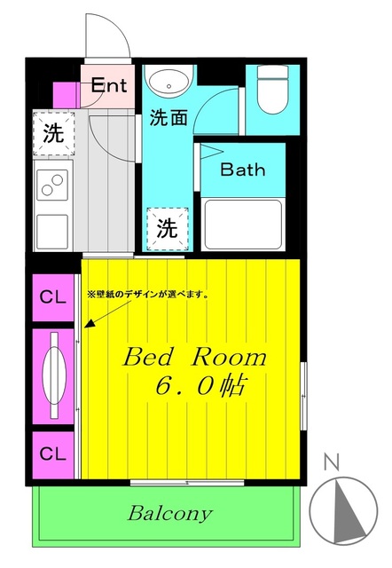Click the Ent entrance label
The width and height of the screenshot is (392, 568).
(110, 86)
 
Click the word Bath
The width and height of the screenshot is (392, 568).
(242, 170)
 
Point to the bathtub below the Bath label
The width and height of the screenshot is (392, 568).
(242, 225)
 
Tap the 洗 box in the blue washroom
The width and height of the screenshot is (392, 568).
(167, 227)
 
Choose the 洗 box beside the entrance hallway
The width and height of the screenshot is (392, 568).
(53, 134)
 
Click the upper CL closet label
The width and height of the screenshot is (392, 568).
(53, 298)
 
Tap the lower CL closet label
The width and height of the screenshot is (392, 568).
(53, 453)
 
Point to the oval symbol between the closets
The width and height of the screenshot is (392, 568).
(55, 375)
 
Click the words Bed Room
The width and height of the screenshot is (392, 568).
(194, 358)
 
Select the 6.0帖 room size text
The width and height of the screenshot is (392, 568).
(198, 387)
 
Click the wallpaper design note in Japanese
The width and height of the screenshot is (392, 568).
(147, 295)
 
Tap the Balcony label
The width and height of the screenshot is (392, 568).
(170, 513)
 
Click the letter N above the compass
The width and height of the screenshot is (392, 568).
(332, 461)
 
